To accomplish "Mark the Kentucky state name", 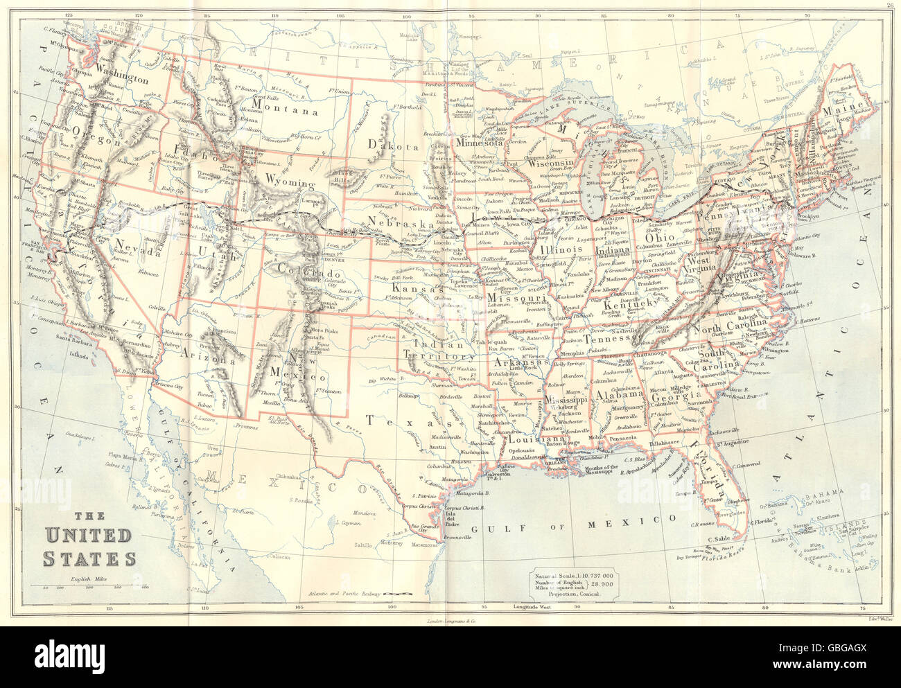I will (x=630, y=303).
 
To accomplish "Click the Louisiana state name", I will (x=536, y=439).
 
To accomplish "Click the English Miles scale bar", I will (x=91, y=586).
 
